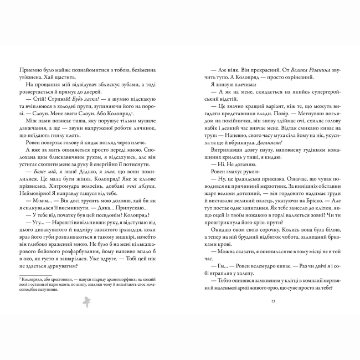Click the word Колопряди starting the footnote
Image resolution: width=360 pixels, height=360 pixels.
35,281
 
